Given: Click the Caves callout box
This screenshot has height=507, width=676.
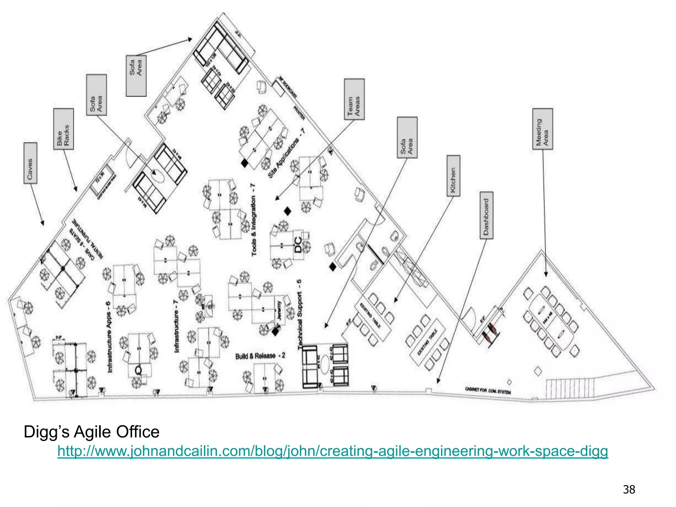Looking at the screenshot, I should [x=30, y=163].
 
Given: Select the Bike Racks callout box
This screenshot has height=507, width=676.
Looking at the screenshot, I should [x=63, y=129].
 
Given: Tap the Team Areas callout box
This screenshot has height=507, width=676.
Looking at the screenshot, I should [x=354, y=99].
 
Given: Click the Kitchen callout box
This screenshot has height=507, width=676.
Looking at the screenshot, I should [x=453, y=176].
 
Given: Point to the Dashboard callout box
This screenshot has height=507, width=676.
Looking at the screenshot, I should [x=486, y=215].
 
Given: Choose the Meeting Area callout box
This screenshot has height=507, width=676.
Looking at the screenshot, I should [x=542, y=129].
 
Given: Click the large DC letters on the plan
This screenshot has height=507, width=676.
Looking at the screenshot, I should [x=298, y=245].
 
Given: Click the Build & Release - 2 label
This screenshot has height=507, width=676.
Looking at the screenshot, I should [x=260, y=356].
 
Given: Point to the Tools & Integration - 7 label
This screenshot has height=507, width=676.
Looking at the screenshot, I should [x=253, y=220].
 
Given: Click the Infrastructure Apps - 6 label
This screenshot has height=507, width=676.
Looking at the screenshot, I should [x=109, y=337].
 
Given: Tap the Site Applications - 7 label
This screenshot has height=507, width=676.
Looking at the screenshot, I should [x=286, y=153].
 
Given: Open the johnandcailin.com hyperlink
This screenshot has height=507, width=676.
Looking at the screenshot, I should [x=332, y=451].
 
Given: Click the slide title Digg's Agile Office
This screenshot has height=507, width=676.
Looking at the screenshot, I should [x=91, y=432].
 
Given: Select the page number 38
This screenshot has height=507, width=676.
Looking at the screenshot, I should [x=629, y=489].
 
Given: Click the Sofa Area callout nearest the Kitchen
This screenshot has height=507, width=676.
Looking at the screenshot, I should [x=407, y=137].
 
